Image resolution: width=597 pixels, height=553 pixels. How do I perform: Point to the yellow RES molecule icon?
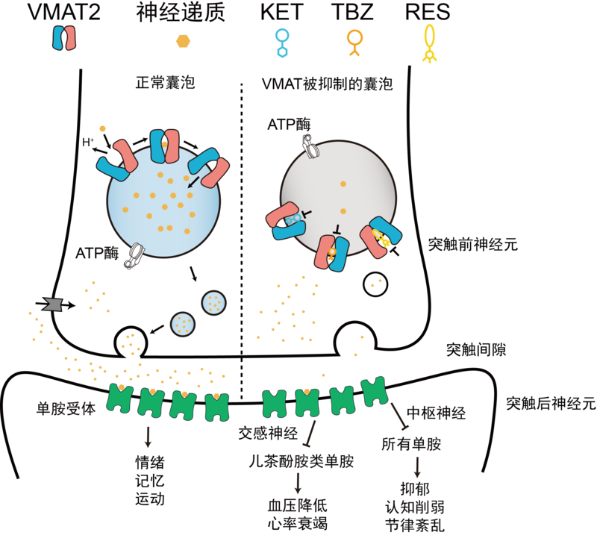coord(429,43)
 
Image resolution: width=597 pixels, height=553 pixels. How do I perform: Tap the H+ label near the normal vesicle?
coord(87,140)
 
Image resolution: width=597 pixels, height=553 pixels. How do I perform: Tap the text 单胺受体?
coord(66,408)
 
